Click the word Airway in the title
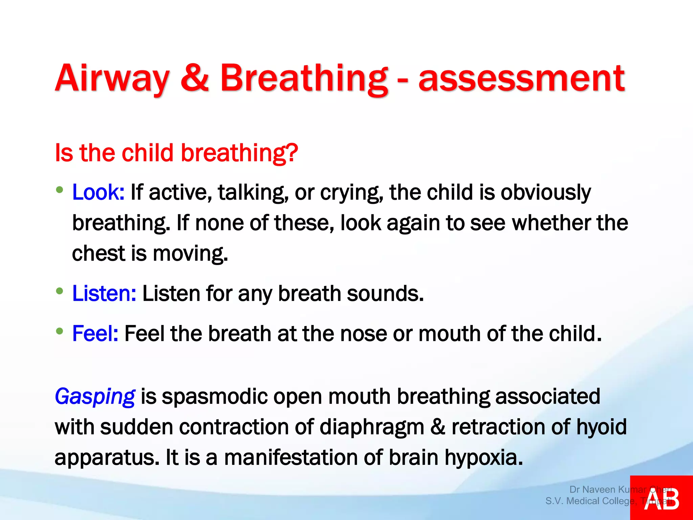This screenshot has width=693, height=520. click(x=112, y=79)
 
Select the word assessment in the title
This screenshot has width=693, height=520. click(x=521, y=79)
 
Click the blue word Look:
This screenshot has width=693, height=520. click(x=98, y=192)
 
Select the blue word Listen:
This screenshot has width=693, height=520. click(x=104, y=293)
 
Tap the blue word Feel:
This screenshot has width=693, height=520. click(x=95, y=333)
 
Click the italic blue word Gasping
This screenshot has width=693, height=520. click(x=95, y=396)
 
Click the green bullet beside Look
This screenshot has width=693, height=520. click(x=60, y=190)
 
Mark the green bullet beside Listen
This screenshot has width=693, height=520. click(x=60, y=291)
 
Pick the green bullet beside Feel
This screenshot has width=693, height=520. click(x=60, y=331)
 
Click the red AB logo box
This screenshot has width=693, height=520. click(x=661, y=498)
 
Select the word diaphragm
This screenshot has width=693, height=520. click(x=372, y=427)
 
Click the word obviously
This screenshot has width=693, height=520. click(x=545, y=192)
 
